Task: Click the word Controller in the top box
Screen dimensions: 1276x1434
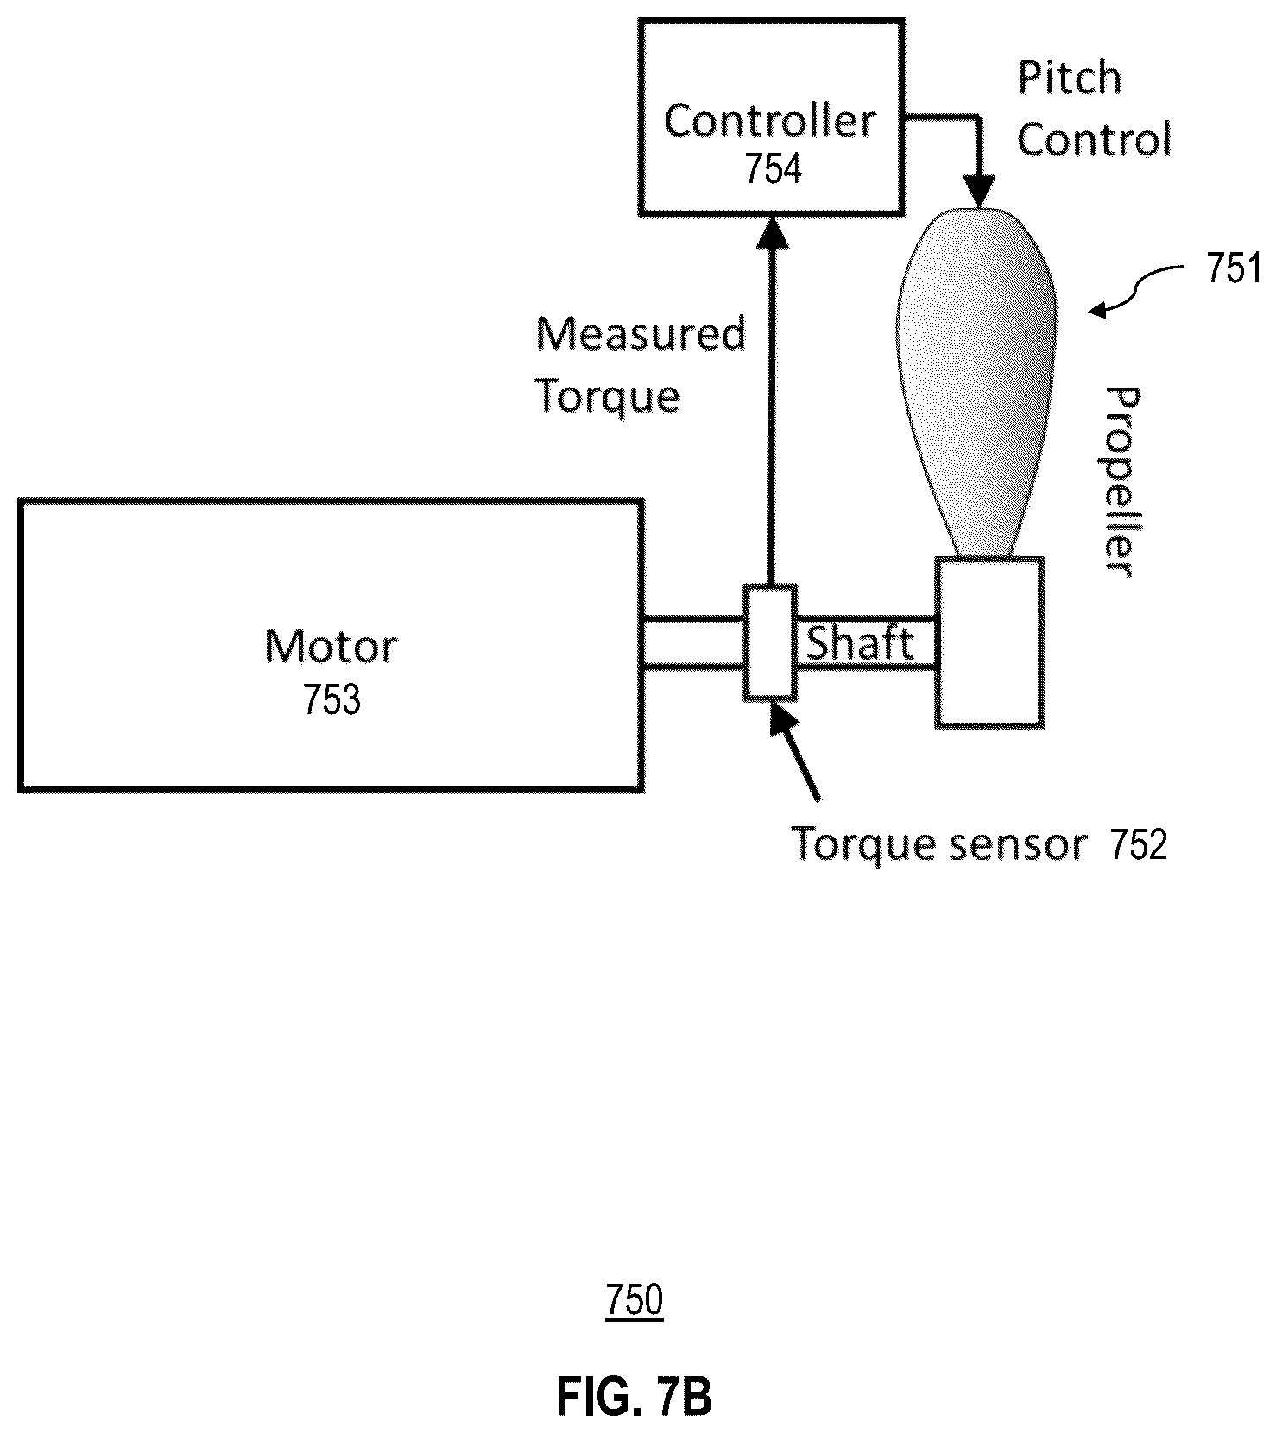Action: coord(770,121)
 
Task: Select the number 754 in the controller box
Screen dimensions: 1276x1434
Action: coord(773,169)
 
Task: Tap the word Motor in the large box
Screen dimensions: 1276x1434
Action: coord(331,646)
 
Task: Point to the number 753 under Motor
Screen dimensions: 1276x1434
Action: coord(332,699)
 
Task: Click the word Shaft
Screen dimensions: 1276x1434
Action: coord(860,643)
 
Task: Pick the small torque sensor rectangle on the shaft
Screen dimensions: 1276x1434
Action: coord(770,641)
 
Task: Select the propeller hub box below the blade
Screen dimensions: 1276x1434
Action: coord(990,641)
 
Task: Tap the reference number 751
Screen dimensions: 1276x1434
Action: coord(1234,271)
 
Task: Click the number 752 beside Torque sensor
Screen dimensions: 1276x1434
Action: coord(1139,845)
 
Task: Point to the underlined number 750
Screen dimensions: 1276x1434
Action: coord(635,1301)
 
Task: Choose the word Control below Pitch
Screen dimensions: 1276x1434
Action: coord(1094,139)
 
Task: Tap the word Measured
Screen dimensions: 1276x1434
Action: coord(640,334)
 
